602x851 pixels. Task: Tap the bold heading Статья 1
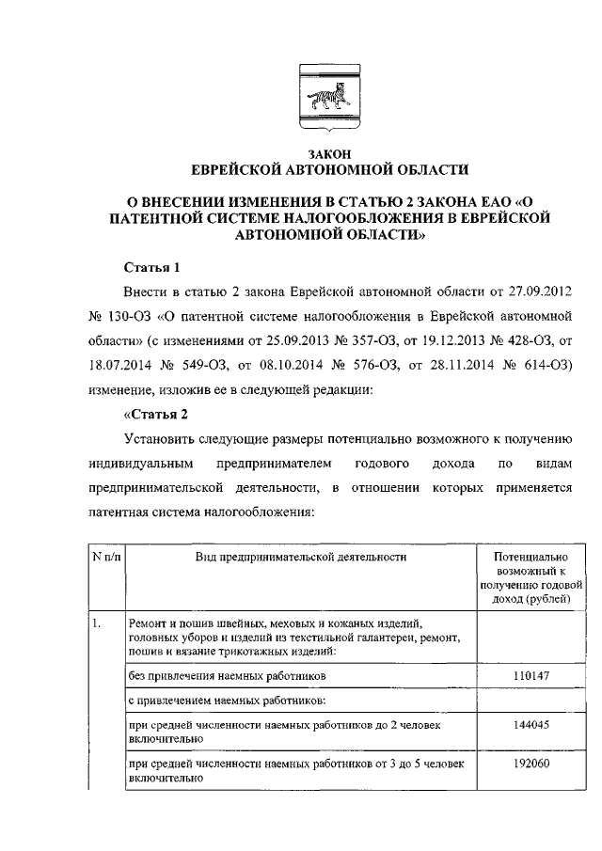coord(151,267)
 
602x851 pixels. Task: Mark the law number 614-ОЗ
coord(543,365)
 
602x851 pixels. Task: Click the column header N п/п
coord(106,558)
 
